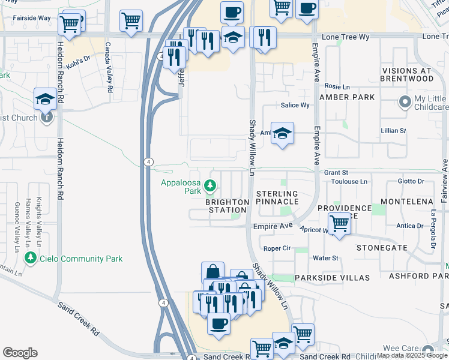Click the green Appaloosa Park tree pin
210,187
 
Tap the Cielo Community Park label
81,259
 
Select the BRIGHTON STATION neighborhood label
227,206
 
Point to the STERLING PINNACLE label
277,197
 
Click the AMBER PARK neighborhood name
347,97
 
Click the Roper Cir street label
277,248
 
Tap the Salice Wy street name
295,105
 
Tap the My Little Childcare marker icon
403,100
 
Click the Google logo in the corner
20,353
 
